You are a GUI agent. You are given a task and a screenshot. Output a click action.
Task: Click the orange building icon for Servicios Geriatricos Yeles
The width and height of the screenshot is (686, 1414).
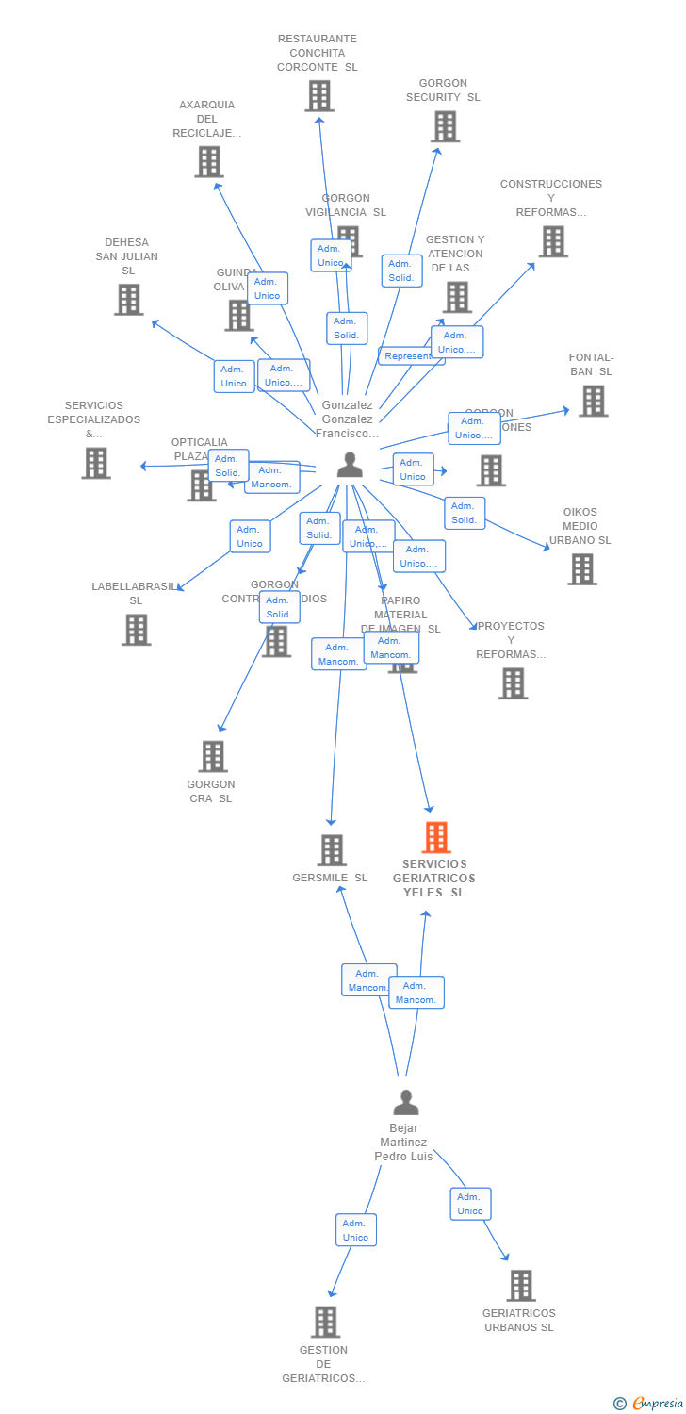[435, 837]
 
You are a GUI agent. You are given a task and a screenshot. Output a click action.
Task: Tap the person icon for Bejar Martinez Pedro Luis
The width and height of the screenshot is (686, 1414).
[406, 1102]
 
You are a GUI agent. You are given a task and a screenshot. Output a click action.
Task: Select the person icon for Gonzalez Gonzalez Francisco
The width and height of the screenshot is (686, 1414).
[350, 464]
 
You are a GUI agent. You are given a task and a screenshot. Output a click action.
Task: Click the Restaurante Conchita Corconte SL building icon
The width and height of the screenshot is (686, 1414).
[319, 96]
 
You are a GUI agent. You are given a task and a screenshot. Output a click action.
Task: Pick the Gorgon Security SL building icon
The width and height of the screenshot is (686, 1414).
[445, 126]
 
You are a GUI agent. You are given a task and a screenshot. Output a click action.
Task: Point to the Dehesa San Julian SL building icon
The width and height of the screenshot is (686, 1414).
[129, 300]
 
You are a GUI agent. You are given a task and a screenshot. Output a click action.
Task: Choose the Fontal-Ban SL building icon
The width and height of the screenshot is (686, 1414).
[592, 401]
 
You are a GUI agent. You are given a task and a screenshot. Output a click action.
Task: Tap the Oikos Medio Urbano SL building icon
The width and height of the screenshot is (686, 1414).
[581, 569]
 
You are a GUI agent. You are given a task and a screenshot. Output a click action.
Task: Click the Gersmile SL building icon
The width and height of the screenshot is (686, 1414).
[331, 850]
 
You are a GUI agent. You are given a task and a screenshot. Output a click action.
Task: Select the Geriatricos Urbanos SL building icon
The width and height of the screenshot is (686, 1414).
[520, 1286]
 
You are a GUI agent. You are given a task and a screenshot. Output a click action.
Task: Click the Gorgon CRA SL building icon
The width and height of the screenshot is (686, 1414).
[213, 756]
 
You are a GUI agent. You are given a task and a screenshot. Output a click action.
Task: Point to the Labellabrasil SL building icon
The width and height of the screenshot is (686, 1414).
[136, 630]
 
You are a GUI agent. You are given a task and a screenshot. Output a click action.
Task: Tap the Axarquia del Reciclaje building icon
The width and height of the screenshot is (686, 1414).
[208, 161]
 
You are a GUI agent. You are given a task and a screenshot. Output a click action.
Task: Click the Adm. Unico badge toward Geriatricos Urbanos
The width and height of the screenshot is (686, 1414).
[470, 1204]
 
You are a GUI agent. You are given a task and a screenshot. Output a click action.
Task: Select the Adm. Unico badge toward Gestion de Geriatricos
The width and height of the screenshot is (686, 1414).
[355, 1230]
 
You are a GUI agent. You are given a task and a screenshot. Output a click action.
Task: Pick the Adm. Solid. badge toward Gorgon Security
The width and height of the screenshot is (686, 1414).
[401, 271]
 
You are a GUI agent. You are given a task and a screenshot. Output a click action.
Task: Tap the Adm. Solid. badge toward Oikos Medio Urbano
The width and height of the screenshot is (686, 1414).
[465, 513]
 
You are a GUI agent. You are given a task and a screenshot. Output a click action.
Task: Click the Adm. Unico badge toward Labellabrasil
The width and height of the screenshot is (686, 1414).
[250, 536]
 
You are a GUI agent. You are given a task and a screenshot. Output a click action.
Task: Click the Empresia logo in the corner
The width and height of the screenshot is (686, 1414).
[649, 1403]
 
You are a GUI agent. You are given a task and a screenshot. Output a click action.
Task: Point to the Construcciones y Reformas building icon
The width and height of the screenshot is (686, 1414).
[553, 241]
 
